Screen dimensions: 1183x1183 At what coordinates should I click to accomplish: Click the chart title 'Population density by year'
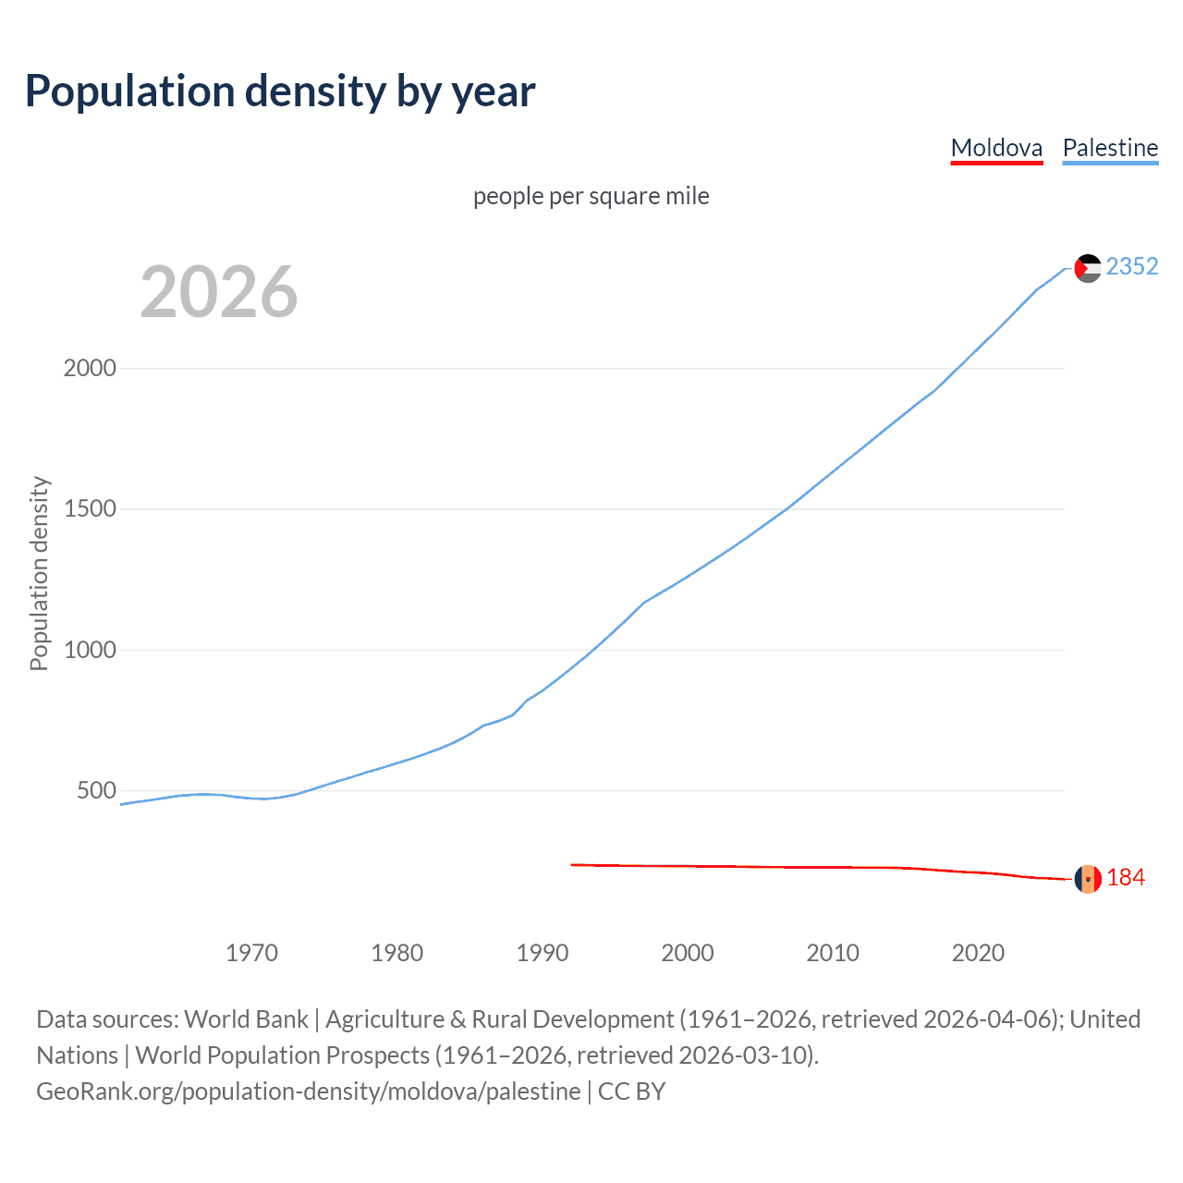pyautogui.click(x=280, y=91)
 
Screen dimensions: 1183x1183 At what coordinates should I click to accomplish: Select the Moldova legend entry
pyautogui.click(x=996, y=148)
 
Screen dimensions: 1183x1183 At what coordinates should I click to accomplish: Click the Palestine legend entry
pyautogui.click(x=1110, y=148)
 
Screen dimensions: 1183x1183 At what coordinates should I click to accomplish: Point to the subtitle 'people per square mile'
pyautogui.click(x=591, y=196)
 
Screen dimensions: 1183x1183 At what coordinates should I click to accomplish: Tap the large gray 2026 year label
pyautogui.click(x=219, y=292)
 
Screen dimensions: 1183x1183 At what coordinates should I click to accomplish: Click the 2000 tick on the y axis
pyautogui.click(x=90, y=368)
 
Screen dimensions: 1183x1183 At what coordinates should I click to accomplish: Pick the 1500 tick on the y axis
pyautogui.click(x=90, y=509)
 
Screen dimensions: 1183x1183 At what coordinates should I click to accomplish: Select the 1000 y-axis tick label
pyautogui.click(x=90, y=650)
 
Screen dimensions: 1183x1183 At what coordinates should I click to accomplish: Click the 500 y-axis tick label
pyautogui.click(x=96, y=791)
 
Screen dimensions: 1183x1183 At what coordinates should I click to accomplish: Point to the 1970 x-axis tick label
pyautogui.click(x=251, y=953)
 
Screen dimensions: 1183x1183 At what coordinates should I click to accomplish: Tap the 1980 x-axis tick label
pyautogui.click(x=396, y=953)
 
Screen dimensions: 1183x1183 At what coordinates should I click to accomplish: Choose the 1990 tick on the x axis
pyautogui.click(x=543, y=953)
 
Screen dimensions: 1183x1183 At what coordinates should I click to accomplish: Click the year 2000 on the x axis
pyautogui.click(x=688, y=953)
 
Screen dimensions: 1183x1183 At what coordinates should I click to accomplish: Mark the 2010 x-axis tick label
pyautogui.click(x=833, y=953)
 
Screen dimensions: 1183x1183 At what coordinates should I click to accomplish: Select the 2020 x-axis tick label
pyautogui.click(x=978, y=953)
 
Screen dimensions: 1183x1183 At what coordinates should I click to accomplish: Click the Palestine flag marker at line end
pyautogui.click(x=1088, y=268)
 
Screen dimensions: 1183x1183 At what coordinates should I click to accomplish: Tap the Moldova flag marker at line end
pyautogui.click(x=1088, y=879)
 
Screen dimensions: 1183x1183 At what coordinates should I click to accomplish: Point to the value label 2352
pyautogui.click(x=1131, y=267)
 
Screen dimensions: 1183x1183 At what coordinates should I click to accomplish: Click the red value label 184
pyautogui.click(x=1125, y=878)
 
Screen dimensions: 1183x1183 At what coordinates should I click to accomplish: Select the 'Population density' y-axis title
pyautogui.click(x=39, y=573)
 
